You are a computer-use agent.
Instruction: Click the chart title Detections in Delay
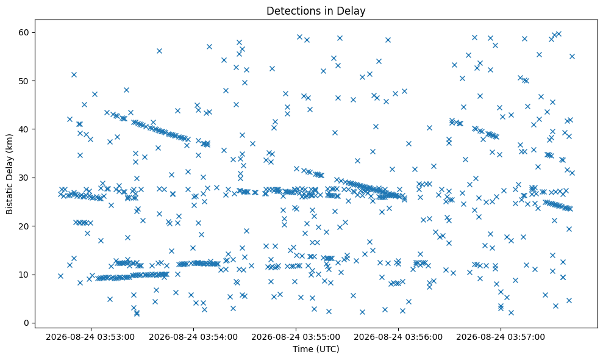[x=316, y=11]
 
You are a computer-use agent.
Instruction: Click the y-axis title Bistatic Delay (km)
[x=9, y=174]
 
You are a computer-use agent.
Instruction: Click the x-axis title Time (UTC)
[x=316, y=349]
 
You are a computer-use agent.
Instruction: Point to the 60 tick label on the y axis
[x=24, y=32]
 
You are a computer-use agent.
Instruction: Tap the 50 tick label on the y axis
[x=24, y=81]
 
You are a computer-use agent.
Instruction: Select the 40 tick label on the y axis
[x=24, y=129]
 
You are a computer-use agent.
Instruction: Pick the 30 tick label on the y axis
[x=24, y=178]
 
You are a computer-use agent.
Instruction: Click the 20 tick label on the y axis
[x=24, y=226]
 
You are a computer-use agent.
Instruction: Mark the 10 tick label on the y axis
[x=24, y=275]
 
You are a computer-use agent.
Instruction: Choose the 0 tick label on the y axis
[x=27, y=323]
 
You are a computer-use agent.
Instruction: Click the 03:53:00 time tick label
[x=90, y=337]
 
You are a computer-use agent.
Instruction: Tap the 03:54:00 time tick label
[x=193, y=337]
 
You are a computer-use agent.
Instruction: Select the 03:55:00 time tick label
[x=296, y=337]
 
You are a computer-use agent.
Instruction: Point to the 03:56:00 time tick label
[x=398, y=337]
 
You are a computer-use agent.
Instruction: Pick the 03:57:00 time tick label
[x=501, y=337]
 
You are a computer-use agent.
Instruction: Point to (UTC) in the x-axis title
[x=328, y=349]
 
